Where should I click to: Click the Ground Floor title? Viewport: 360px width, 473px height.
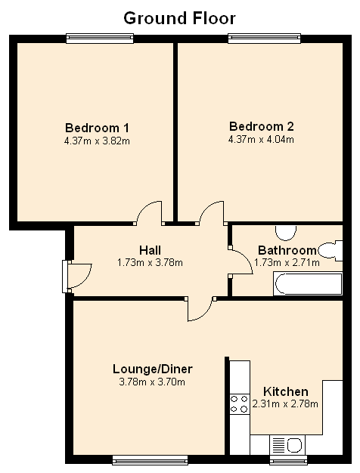pos(179,18)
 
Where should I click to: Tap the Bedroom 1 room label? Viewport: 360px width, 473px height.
pos(97,128)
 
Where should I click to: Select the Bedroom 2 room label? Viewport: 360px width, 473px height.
pos(261,126)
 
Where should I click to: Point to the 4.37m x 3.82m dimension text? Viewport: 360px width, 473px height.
pos(97,141)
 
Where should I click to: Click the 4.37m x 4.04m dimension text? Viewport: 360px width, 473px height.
pos(261,139)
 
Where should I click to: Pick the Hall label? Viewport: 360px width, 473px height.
pos(150,250)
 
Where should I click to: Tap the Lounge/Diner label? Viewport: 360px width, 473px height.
pos(153,369)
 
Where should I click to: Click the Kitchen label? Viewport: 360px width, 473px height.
pos(286,391)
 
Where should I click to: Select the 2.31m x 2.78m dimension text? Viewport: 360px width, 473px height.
pos(285,403)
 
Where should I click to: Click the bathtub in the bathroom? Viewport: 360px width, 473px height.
pos(308,283)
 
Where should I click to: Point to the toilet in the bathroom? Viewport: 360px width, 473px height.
pos(331,251)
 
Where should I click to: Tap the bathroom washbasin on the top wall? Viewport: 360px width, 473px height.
pos(286,233)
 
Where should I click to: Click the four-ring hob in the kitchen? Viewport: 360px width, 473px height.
pos(240,404)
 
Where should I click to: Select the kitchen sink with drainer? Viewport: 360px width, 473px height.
pos(287,445)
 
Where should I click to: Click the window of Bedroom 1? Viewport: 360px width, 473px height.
pos(100,39)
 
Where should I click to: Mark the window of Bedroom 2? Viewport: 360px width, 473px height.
pos(264,39)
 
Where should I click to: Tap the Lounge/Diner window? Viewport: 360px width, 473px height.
pos(150,460)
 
